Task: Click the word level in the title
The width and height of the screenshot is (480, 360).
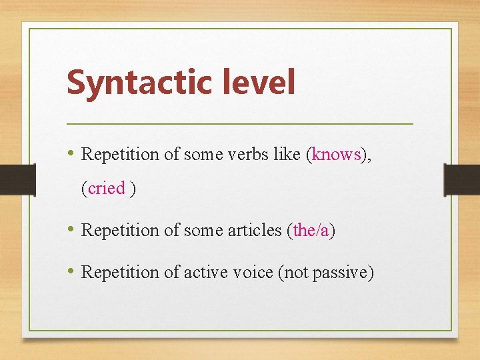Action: pyautogui.click(x=255, y=82)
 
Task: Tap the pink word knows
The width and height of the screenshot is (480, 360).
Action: pyautogui.click(x=337, y=155)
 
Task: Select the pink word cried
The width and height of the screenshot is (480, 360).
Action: pyautogui.click(x=107, y=189)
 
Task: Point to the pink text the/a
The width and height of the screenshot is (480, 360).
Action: pyautogui.click(x=311, y=231)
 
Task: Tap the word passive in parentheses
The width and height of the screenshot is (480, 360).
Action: pyautogui.click(x=343, y=272)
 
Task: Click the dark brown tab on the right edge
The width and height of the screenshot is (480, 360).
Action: pyautogui.click(x=462, y=179)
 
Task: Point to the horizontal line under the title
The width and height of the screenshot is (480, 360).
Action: pyautogui.click(x=240, y=124)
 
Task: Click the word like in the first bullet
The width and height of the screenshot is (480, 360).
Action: pyautogui.click(x=287, y=155)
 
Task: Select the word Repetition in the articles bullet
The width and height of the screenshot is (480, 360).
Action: pyautogui.click(x=120, y=231)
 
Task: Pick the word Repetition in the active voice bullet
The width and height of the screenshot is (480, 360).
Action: pyautogui.click(x=120, y=272)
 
